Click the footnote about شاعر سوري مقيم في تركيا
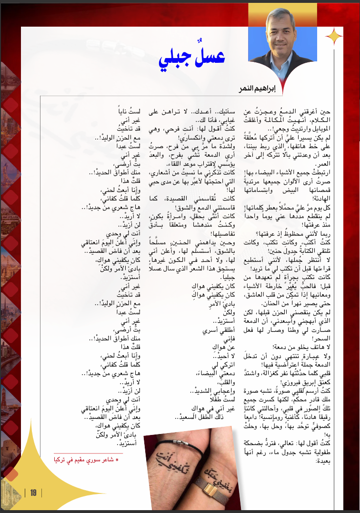click(x=90, y=460)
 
